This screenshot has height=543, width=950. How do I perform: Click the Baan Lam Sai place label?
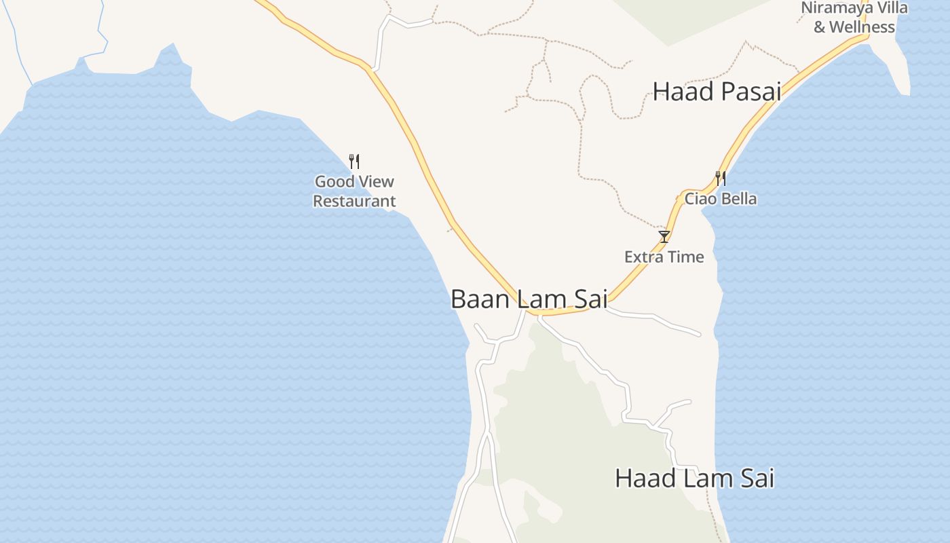click(x=529, y=299)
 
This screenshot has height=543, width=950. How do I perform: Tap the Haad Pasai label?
click(x=717, y=92)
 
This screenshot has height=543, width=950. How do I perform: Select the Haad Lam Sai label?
click(x=694, y=478)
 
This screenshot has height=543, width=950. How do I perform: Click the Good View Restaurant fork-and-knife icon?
click(x=354, y=162)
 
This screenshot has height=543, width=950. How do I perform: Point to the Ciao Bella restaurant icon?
click(x=721, y=179)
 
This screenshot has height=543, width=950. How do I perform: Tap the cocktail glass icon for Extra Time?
click(x=664, y=236)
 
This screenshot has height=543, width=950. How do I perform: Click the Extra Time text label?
click(x=664, y=257)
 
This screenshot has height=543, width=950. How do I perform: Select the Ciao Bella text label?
click(x=721, y=199)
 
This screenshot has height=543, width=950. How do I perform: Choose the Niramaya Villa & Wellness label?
click(x=854, y=18)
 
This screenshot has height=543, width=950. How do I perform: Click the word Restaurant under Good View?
click(x=354, y=202)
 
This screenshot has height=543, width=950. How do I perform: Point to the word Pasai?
click(x=750, y=92)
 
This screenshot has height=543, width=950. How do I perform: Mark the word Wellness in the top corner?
click(x=862, y=27)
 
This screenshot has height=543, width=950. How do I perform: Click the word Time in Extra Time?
click(x=687, y=257)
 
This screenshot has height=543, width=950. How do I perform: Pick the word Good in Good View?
click(x=335, y=182)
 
